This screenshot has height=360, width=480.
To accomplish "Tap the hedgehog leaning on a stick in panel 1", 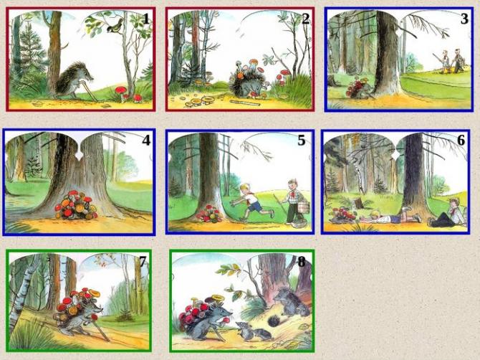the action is [x=75, y=80].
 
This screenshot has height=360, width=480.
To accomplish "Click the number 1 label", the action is [x=146, y=19].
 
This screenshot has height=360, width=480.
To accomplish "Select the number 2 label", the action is [x=305, y=19].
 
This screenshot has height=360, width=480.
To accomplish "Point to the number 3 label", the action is [x=464, y=19].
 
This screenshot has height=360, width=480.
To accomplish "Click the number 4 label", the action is [x=146, y=141].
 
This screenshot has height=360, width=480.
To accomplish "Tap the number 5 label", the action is [x=302, y=141].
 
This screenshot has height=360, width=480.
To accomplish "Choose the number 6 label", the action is [x=461, y=141].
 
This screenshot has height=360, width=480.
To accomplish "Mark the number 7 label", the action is [x=143, y=261].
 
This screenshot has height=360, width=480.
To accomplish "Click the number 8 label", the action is [x=302, y=262].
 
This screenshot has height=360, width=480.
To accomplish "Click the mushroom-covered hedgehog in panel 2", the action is [x=248, y=80].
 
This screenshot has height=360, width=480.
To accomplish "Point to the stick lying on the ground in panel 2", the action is [x=244, y=103].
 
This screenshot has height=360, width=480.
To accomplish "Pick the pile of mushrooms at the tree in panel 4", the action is [x=76, y=205].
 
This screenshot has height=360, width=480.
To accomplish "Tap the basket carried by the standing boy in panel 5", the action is [x=302, y=208].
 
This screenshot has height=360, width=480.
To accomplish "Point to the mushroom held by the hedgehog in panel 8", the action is [x=226, y=321].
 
